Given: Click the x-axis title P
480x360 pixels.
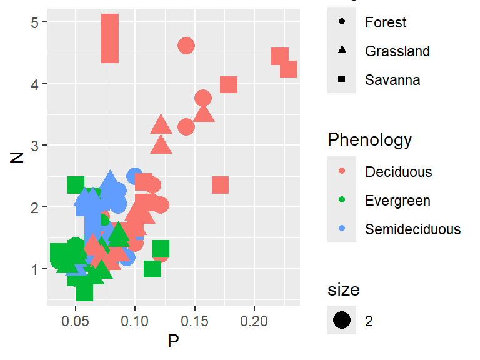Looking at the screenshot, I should pyautogui.click(x=173, y=341).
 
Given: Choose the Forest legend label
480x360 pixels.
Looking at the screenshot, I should pyautogui.click(x=386, y=22).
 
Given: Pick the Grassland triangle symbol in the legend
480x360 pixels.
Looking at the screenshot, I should pyautogui.click(x=342, y=51).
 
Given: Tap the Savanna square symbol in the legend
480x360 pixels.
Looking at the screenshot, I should pyautogui.click(x=342, y=79).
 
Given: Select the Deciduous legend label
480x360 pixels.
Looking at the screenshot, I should pyautogui.click(x=398, y=171).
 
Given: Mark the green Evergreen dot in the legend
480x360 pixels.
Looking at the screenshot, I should pyautogui.click(x=342, y=200).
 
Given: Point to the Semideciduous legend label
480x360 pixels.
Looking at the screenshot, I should pyautogui.click(x=412, y=229).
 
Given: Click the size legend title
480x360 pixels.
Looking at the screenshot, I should pyautogui.click(x=343, y=289).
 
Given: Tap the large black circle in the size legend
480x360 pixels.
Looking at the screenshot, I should pyautogui.click(x=342, y=321).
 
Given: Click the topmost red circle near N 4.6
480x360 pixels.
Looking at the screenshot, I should pyautogui.click(x=186, y=46).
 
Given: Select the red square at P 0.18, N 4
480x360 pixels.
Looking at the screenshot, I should pyautogui.click(x=229, y=84).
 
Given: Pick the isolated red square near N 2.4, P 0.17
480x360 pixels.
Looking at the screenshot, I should pyautogui.click(x=220, y=185).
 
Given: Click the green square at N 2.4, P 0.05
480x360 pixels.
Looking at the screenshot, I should pyautogui.click(x=76, y=184).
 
